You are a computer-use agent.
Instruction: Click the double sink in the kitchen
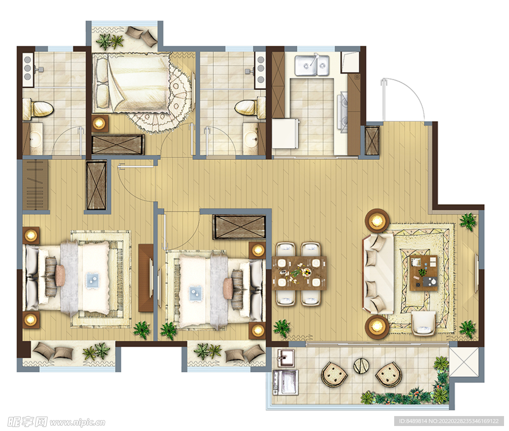pyautogui.click(x=312, y=65)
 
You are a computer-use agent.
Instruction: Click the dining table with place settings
pyautogui.click(x=299, y=273)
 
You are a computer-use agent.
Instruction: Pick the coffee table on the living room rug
pyautogui.click(x=424, y=273)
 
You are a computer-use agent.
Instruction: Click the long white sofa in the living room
pyautogui.click(x=378, y=274)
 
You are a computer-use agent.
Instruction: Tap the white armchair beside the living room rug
pyautogui.click(x=424, y=323)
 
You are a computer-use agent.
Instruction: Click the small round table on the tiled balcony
pyautogui.click(x=360, y=366)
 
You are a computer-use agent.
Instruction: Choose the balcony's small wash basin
pyautogui.click(x=284, y=358)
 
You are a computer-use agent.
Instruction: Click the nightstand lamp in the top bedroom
pyautogui.click(x=99, y=123)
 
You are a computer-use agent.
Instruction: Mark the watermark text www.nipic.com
pyautogui.click(x=77, y=422)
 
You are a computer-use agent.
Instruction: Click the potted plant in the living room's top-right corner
pyautogui.click(x=468, y=221)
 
